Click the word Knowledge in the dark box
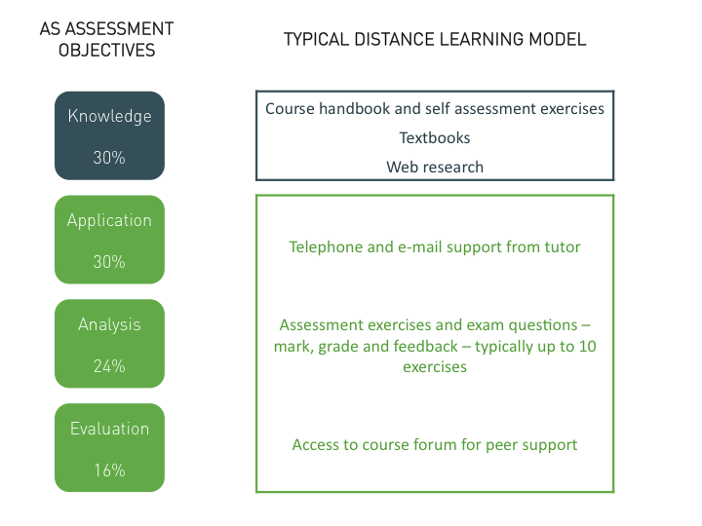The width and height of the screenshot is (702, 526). tap(109, 117)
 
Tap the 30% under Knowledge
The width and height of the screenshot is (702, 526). tap(109, 158)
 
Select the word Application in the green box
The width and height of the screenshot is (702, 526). tap(109, 221)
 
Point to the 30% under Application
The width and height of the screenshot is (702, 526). tap(109, 262)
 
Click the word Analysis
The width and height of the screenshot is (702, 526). tap(109, 325)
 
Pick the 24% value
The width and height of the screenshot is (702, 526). tap(109, 366)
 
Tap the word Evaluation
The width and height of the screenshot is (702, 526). tap(109, 429)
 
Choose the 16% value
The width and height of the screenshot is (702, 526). tap(109, 470)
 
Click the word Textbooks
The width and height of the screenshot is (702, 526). tap(435, 137)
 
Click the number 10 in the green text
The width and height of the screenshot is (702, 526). tap(587, 346)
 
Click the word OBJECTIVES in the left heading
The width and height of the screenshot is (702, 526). tap(107, 50)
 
